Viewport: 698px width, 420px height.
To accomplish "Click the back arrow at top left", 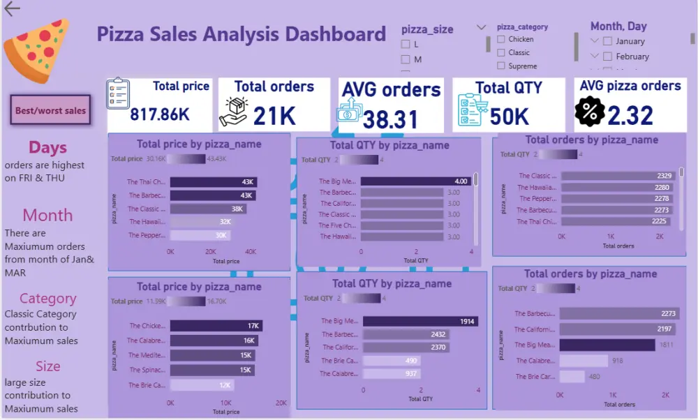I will click(11, 9).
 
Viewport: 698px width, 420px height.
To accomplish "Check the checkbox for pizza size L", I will click(406, 44).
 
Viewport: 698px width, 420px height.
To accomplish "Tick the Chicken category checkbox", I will click(501, 40).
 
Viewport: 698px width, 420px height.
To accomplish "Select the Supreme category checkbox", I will click(501, 66).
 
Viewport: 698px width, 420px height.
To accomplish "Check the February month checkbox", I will click(608, 57).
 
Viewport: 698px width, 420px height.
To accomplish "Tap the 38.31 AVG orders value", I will click(390, 119).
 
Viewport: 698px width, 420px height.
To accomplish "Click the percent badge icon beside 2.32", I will click(590, 112).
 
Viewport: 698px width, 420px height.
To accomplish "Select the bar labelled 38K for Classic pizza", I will click(207, 209).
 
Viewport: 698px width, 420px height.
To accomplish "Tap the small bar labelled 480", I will click(572, 377).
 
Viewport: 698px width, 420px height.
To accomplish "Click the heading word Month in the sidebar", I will click(47, 215).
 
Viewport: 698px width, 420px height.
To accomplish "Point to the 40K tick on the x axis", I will click(250, 251).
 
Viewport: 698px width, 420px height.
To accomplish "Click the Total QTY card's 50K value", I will click(509, 116).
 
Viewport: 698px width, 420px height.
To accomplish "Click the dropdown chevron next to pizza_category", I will click(482, 27).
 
